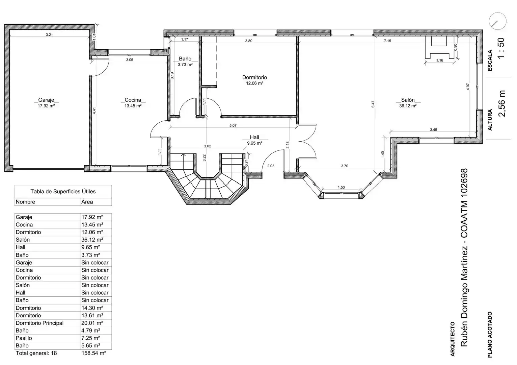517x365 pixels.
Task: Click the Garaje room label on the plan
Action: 46,100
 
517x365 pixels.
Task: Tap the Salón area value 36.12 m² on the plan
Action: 408,106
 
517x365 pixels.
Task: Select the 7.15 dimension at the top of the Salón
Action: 387,41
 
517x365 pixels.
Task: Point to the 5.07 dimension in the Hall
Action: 233,125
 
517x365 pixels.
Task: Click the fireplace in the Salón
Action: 439,47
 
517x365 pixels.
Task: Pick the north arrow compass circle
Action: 497,21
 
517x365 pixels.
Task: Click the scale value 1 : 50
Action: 501,48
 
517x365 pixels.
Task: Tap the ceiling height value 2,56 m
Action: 502,103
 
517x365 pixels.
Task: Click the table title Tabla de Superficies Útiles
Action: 63,191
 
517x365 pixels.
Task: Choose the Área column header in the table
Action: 87,202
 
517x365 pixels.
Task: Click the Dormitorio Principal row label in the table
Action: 39,323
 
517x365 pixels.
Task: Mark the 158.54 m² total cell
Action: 94,353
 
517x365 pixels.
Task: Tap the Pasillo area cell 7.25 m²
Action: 91,338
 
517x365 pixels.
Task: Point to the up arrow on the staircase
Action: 184,157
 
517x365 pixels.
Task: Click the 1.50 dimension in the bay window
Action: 341,187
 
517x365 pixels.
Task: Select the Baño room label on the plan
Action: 185,59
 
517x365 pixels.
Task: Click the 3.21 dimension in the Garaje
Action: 49,35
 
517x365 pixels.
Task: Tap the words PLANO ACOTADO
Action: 490,335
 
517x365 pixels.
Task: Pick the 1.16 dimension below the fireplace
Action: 440,60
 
